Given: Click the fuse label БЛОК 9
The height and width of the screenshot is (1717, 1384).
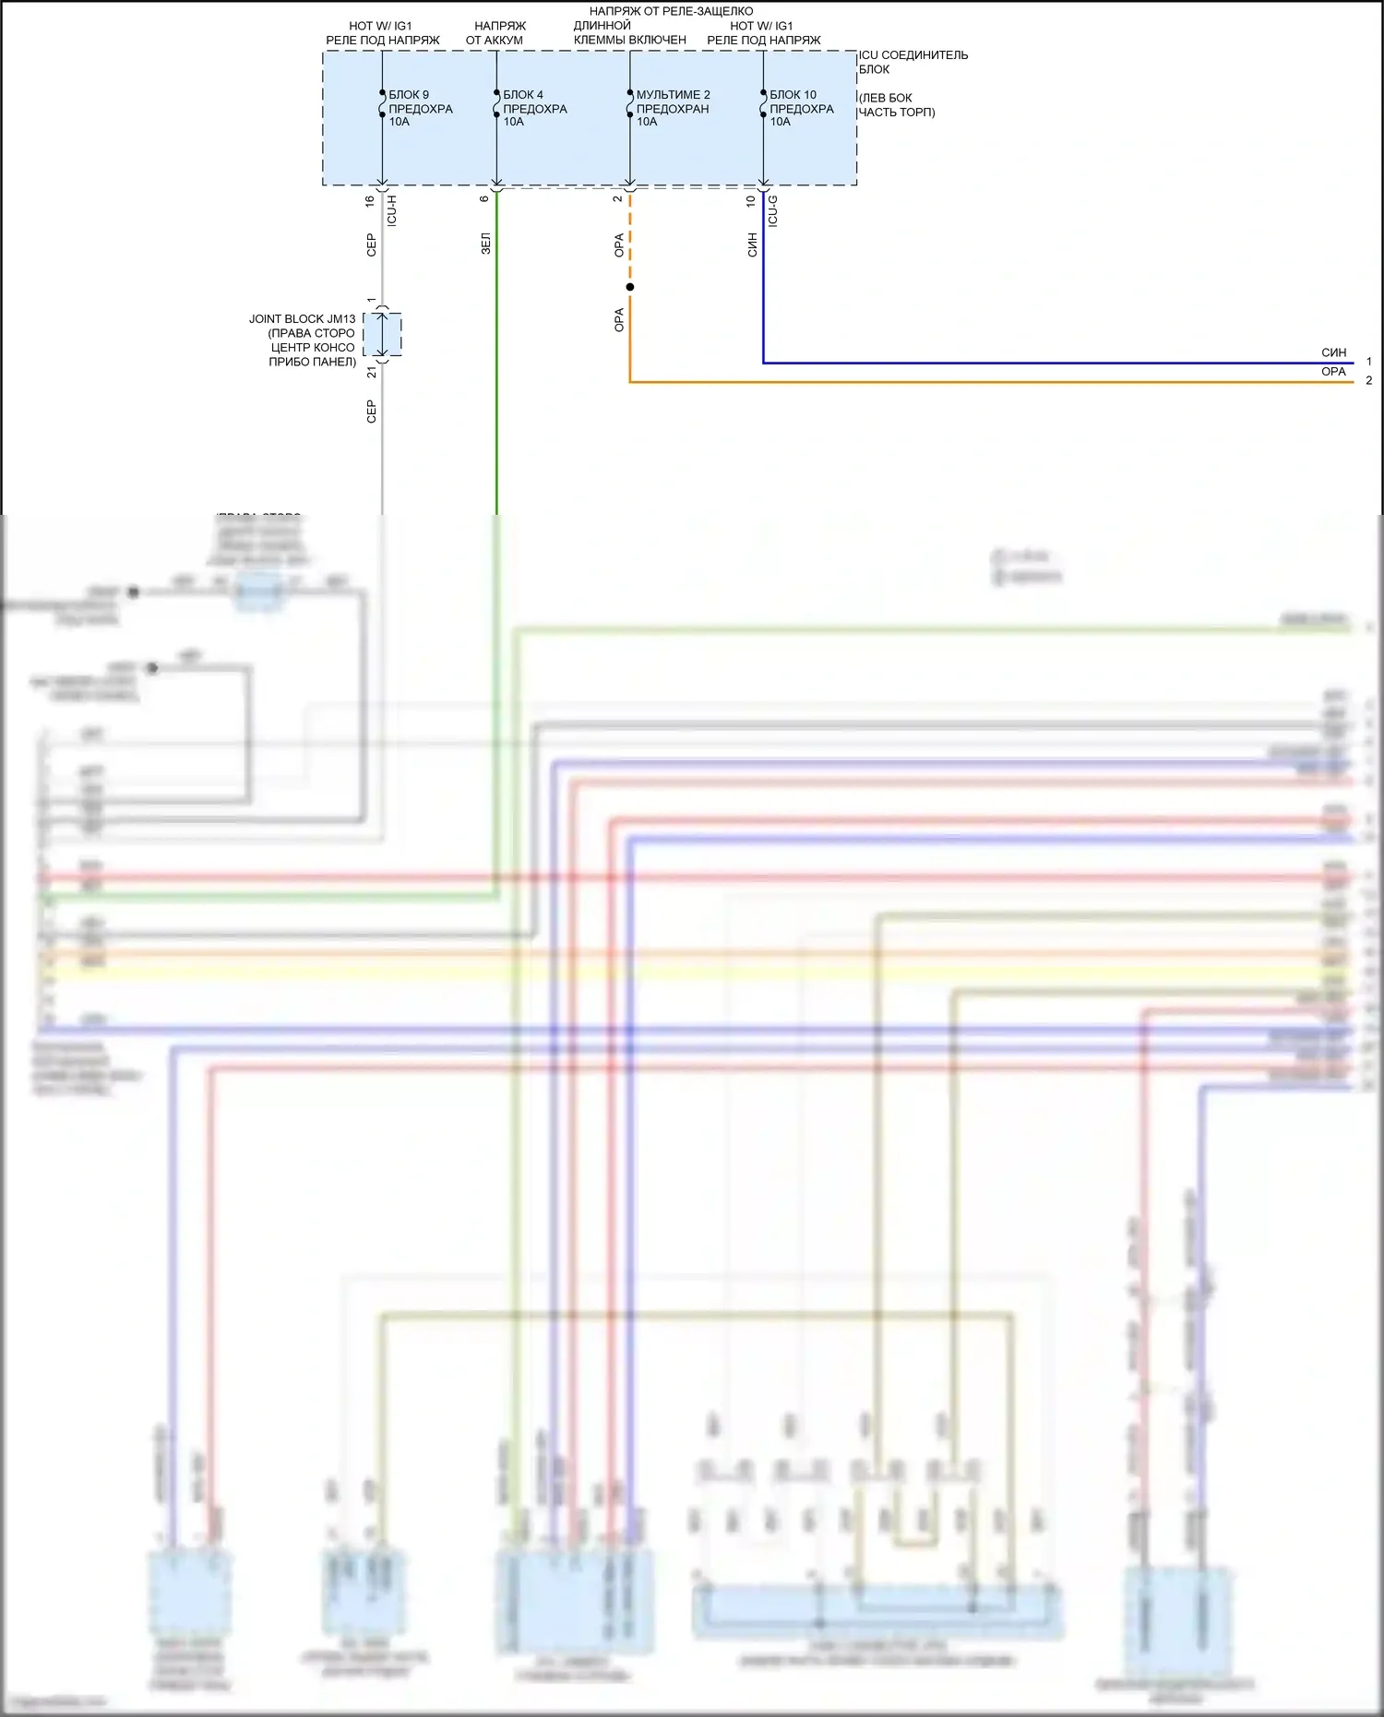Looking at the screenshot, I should click(409, 95).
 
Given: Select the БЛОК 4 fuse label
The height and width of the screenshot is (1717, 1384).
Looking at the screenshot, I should click(522, 95).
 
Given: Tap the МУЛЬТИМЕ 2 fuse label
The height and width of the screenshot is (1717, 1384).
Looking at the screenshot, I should click(673, 95).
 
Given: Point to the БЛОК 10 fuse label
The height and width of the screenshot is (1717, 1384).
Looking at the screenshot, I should click(793, 95).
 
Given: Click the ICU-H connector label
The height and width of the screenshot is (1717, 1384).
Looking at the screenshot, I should click(392, 210).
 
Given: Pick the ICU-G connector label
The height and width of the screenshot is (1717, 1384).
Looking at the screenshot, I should click(773, 210).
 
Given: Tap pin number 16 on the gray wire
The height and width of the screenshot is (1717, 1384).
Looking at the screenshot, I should click(370, 200).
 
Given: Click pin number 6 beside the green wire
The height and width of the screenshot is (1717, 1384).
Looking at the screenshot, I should click(484, 198).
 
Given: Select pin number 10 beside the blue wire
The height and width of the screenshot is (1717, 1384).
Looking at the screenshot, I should click(751, 200).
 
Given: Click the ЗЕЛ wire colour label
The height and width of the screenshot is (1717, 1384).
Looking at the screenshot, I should click(486, 244).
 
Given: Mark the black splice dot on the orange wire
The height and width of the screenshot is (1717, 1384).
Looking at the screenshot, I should click(630, 287).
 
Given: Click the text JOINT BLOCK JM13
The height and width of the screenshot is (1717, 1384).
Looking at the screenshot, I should click(302, 319).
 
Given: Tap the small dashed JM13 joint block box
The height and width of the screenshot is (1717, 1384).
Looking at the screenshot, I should click(382, 334).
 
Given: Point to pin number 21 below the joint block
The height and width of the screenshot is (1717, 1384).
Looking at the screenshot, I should click(371, 372).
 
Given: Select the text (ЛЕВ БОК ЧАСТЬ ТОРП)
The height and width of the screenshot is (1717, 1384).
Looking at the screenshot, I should click(896, 105).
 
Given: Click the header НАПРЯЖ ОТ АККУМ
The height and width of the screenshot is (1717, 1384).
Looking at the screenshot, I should click(495, 33).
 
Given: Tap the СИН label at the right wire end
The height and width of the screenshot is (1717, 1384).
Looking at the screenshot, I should click(1333, 352).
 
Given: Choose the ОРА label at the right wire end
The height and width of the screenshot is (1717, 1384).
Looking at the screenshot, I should click(1333, 372).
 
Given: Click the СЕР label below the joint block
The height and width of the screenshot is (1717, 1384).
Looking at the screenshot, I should click(371, 411).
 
